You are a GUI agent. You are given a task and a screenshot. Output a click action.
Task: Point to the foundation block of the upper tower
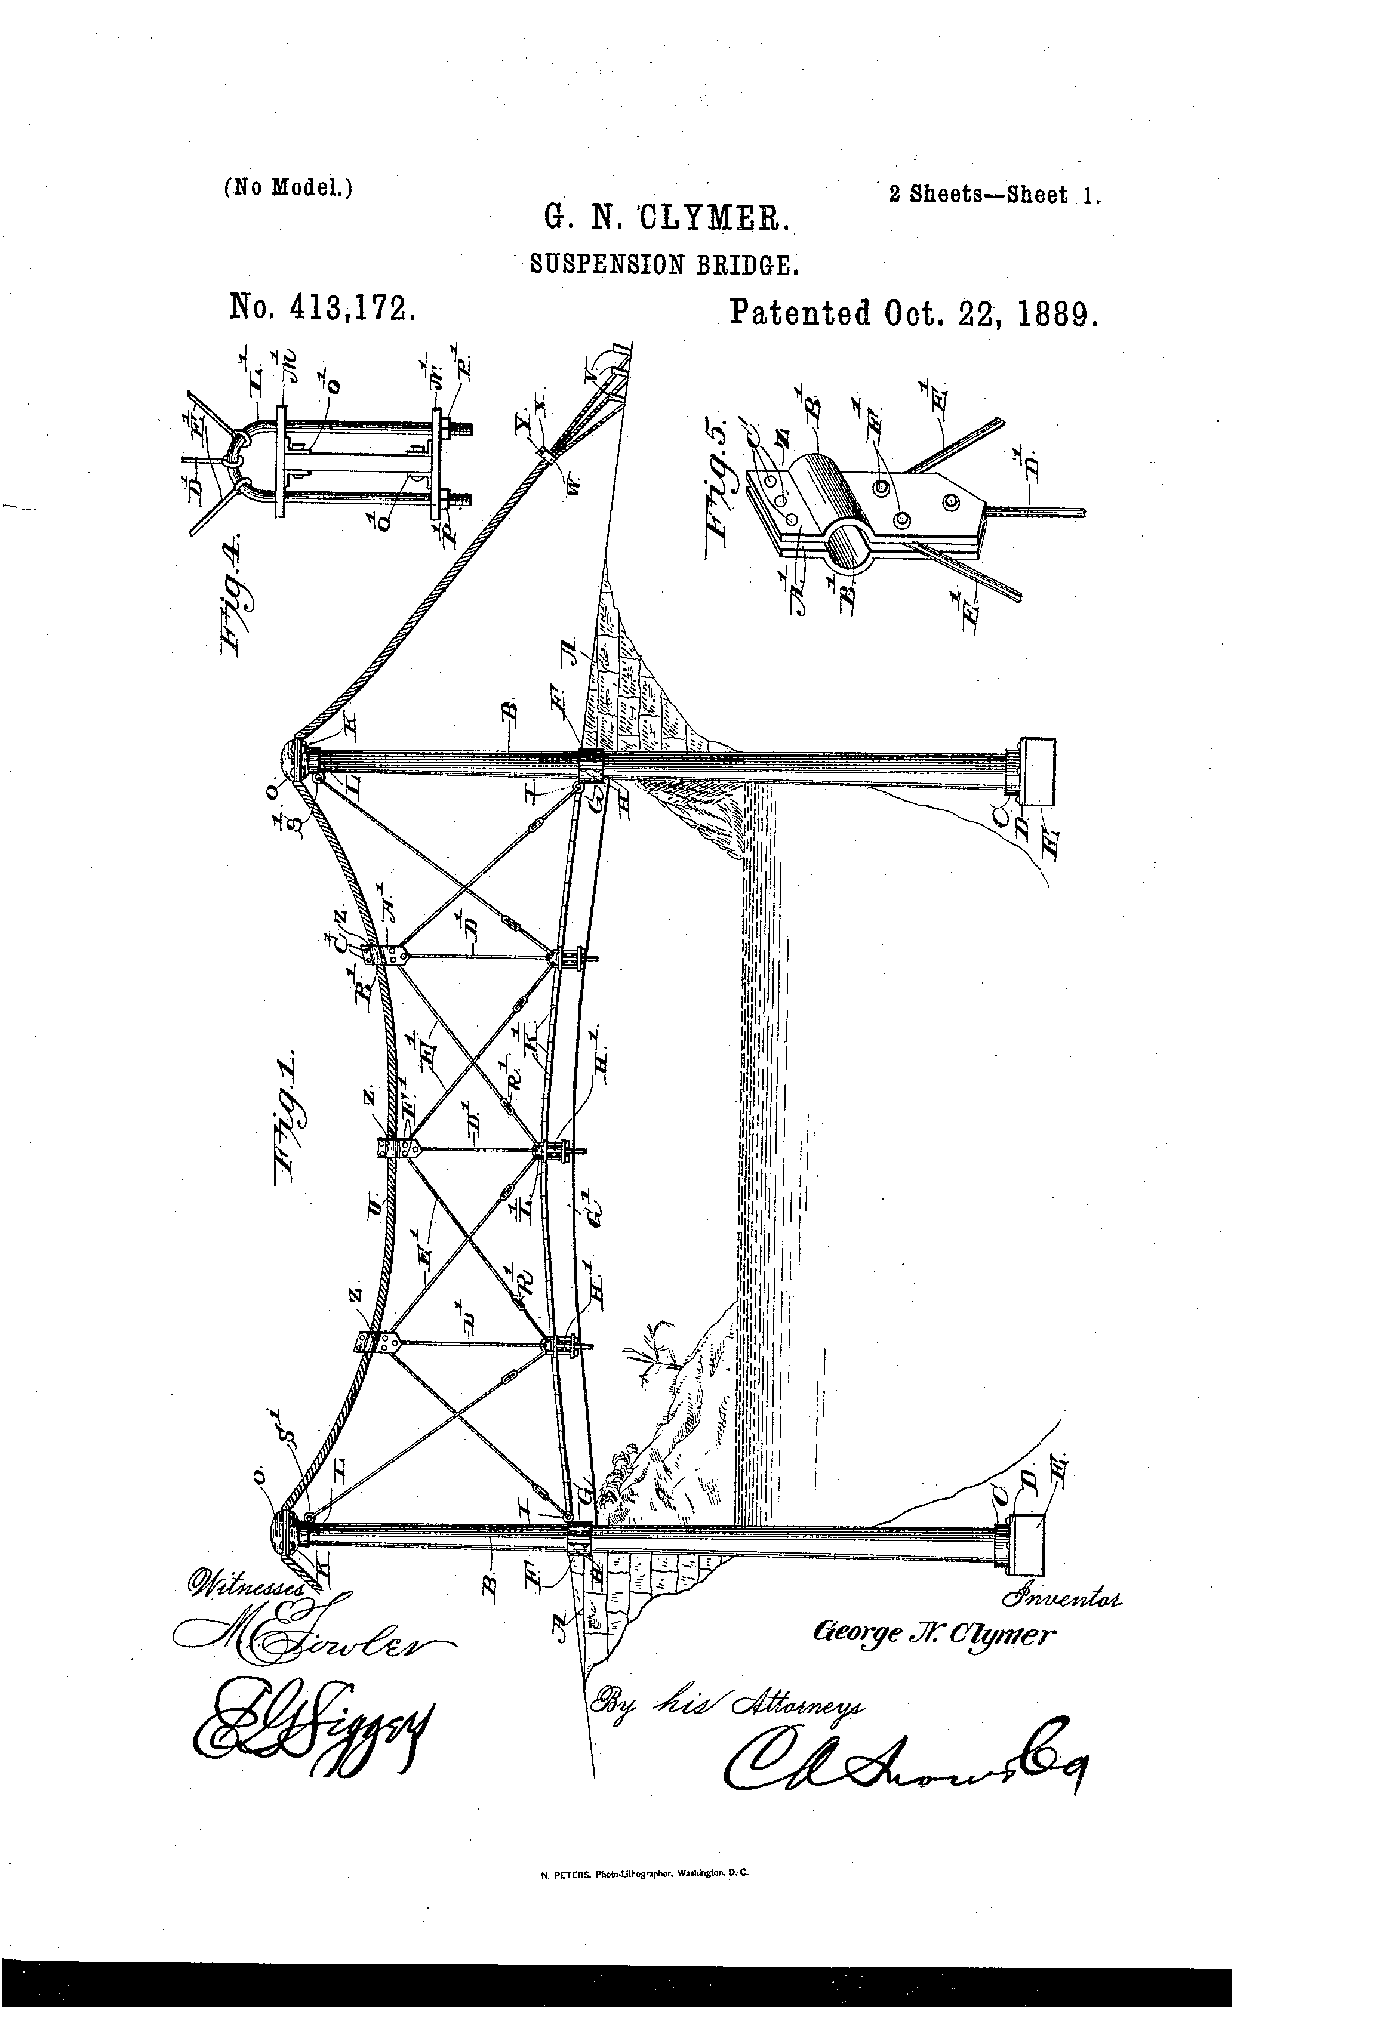1036,771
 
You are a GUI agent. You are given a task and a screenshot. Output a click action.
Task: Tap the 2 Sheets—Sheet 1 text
993,195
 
